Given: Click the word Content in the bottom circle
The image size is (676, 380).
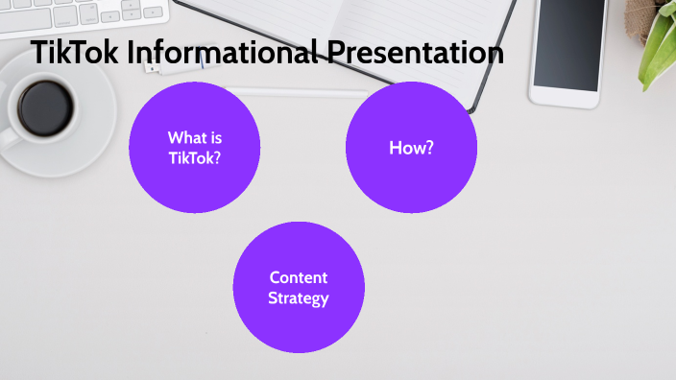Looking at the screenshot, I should tap(299, 277).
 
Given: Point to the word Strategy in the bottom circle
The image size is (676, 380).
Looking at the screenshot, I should tap(299, 298).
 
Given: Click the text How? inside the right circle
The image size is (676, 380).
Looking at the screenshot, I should tap(411, 148).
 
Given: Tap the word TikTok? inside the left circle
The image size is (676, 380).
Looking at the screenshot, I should tap(194, 157).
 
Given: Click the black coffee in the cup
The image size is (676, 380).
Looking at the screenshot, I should tap(43, 105).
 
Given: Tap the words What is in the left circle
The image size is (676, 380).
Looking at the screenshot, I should tap(194, 137).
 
